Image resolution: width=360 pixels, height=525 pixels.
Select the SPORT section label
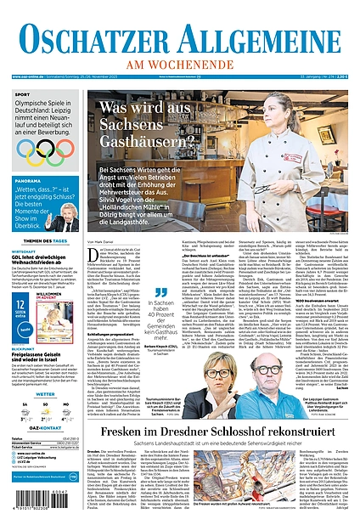click(x=22, y=94)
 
